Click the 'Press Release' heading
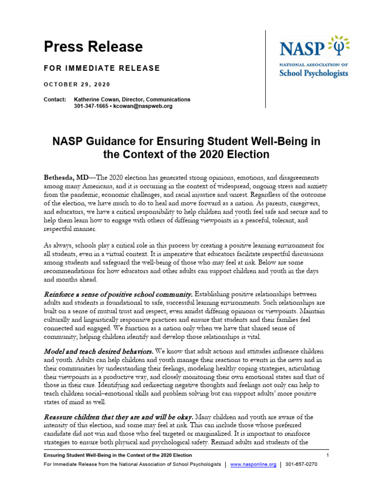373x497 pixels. click(x=93, y=47)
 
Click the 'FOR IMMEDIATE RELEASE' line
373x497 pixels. click(x=102, y=68)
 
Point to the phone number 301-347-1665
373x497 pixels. click(x=92, y=106)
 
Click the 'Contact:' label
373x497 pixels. click(x=55, y=99)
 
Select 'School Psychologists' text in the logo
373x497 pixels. click(x=314, y=73)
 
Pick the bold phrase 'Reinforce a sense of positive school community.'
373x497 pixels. click(x=119, y=294)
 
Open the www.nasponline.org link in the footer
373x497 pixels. click(x=253, y=464)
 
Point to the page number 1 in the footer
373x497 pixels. click(x=328, y=455)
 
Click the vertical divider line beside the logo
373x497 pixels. click(x=265, y=68)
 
